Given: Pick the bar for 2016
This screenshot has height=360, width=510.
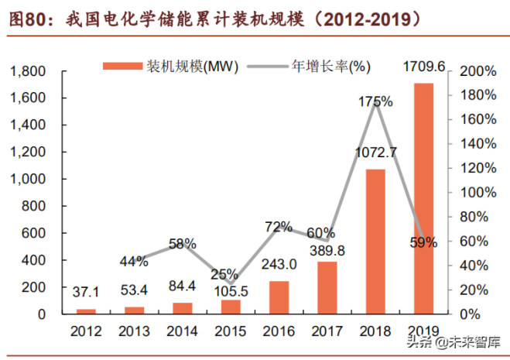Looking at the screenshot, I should [x=279, y=297].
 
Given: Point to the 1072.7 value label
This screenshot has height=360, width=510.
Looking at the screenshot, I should [x=375, y=152].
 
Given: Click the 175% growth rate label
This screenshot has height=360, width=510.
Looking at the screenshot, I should [x=376, y=101].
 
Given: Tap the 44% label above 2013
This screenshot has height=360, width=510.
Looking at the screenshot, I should [x=134, y=261].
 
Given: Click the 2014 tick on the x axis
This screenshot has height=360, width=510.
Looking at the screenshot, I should [x=182, y=331].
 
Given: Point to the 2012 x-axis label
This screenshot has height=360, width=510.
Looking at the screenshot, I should [x=86, y=331].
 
